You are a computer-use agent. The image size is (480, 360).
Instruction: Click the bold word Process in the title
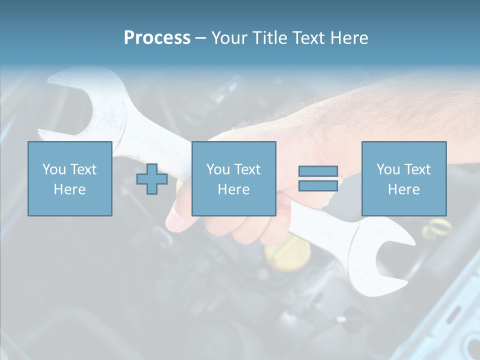point(157,38)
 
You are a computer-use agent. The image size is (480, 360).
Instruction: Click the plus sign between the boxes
point(152,179)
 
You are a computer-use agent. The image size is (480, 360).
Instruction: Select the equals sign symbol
point(318,178)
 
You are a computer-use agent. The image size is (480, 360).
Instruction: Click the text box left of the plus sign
point(70,178)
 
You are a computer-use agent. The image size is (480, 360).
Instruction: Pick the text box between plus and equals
point(233,178)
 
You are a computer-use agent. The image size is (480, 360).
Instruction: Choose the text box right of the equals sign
point(404,178)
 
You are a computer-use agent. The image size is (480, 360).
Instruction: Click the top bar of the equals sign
point(318,171)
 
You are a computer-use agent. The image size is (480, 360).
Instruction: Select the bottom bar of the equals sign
point(318,185)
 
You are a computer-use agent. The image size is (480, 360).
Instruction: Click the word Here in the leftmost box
point(70,189)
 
